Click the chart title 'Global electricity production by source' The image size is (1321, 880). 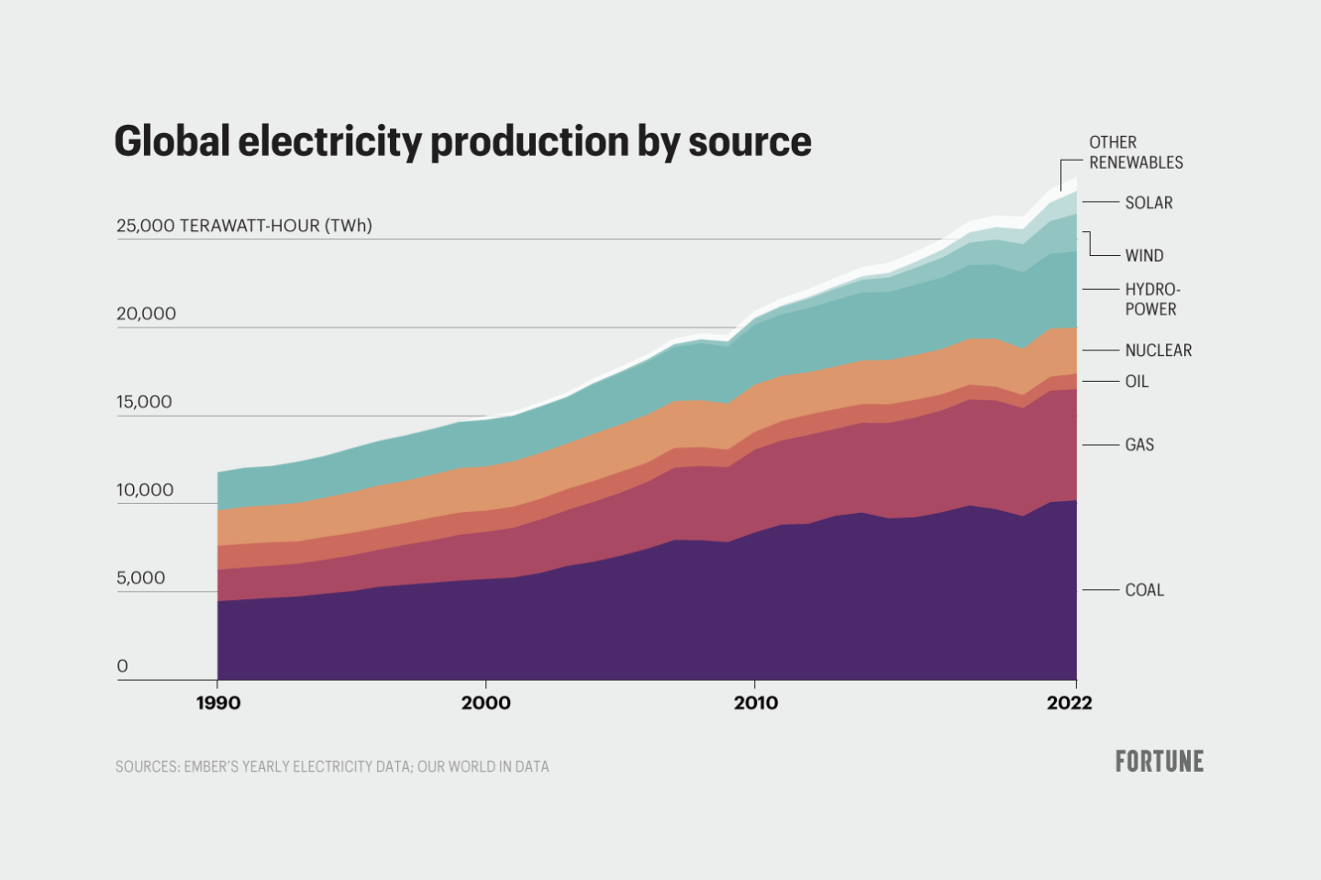click(462, 141)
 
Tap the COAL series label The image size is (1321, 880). click(1144, 590)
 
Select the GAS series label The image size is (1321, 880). click(1139, 445)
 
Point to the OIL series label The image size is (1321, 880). click(1137, 382)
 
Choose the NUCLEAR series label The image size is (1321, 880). click(1158, 351)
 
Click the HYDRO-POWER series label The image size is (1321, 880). click(1151, 299)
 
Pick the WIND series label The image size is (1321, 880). click(1144, 256)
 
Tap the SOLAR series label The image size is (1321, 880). click(1149, 203)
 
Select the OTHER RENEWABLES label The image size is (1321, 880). click(1135, 152)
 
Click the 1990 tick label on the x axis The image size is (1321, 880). click(218, 703)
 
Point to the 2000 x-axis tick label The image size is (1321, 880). click(485, 703)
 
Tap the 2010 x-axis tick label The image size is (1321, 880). click(755, 703)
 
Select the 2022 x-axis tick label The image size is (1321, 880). click(1069, 703)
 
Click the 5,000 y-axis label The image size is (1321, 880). click(140, 578)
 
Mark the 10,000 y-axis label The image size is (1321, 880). click(145, 490)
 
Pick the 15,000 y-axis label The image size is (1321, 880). click(144, 402)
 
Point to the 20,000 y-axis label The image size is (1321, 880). click(146, 314)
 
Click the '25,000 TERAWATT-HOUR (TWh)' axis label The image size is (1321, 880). click(244, 226)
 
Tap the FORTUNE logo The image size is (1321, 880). click(1159, 762)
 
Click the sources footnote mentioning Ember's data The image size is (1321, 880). click(332, 766)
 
